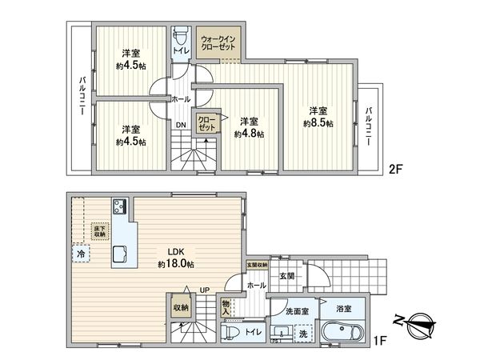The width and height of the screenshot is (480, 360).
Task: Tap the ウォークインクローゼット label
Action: click(x=218, y=42)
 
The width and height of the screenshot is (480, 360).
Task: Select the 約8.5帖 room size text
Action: click(x=318, y=123)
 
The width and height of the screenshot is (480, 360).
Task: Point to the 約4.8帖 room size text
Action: click(x=250, y=134)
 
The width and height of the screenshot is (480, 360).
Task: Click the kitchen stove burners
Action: click(x=119, y=207)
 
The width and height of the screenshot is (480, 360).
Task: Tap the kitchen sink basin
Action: click(x=120, y=254)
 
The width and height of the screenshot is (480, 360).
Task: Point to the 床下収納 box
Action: click(x=100, y=230)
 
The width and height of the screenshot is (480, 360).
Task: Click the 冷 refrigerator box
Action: click(x=81, y=254)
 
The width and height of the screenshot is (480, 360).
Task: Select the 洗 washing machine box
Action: click(x=303, y=334)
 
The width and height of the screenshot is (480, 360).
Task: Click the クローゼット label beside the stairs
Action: click(x=206, y=124)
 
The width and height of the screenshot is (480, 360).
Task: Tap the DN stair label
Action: click(x=181, y=125)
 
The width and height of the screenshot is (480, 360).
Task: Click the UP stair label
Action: click(x=204, y=290)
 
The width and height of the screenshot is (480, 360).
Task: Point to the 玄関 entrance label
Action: click(x=286, y=276)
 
